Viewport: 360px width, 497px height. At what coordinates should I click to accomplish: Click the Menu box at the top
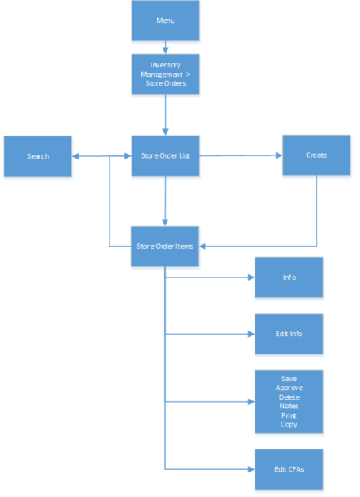(x=165, y=21)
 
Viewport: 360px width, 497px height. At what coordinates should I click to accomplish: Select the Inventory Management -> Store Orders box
(x=165, y=74)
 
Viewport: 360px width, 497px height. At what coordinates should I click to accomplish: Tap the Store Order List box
(x=165, y=156)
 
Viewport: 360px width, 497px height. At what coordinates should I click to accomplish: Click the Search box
(x=37, y=156)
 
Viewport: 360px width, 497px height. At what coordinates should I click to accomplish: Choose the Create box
(x=316, y=155)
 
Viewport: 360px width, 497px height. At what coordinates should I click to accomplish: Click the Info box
(x=289, y=277)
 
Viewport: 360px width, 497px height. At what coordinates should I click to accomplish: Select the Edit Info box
(x=289, y=334)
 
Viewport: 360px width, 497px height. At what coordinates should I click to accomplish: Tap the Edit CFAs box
(x=289, y=469)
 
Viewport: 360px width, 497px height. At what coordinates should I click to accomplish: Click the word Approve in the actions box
(x=289, y=388)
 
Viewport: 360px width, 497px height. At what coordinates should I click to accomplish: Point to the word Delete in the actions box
(x=289, y=397)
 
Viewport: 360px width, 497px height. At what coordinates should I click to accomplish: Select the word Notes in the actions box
(x=289, y=407)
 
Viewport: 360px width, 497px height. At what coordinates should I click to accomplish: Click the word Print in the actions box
(x=289, y=415)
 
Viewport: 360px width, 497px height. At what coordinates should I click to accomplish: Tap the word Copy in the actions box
(x=289, y=425)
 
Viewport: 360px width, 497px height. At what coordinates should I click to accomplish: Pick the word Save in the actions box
(x=289, y=379)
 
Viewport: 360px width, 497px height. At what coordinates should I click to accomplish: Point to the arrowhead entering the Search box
(x=76, y=156)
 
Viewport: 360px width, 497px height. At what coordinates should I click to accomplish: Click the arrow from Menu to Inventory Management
(x=165, y=48)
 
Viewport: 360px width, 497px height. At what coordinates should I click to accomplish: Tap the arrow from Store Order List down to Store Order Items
(x=165, y=201)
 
